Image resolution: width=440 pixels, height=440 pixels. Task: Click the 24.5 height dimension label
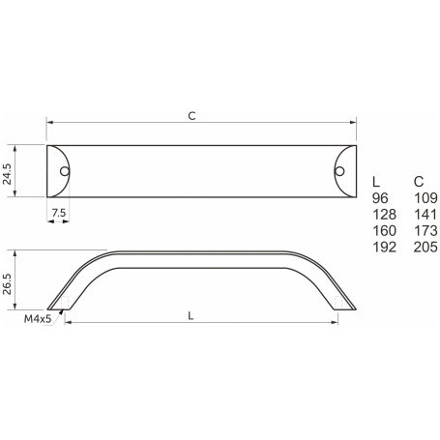pyautogui.click(x=10, y=172)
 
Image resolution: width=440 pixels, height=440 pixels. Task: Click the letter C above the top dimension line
pyautogui.click(x=191, y=115)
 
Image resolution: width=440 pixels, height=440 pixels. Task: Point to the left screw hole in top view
pyautogui.click(x=65, y=171)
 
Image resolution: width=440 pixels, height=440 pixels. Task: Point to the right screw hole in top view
pyautogui.click(x=338, y=171)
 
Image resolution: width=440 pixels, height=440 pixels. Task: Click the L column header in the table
pyautogui.click(x=376, y=181)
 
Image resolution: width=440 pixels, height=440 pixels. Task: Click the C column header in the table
pyautogui.click(x=418, y=181)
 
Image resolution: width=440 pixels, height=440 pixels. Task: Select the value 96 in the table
pyautogui.click(x=380, y=197)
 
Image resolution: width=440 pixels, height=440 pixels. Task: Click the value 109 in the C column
pyautogui.click(x=425, y=197)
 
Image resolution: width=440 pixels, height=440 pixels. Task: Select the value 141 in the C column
pyautogui.click(x=425, y=214)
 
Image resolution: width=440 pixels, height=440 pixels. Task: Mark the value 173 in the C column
pyautogui.click(x=425, y=230)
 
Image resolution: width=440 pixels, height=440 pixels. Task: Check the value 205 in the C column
pyautogui.click(x=425, y=247)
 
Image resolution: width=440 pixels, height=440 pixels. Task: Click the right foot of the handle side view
pyautogui.click(x=342, y=307)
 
